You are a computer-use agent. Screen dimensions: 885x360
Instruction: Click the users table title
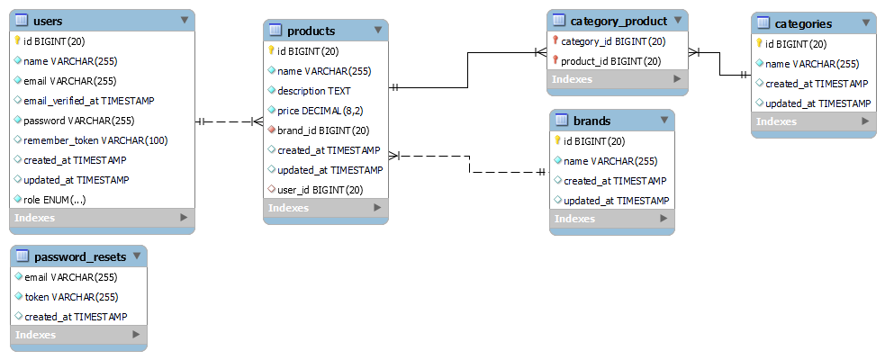tap(48, 22)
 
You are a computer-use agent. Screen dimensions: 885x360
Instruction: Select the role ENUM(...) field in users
tap(55, 200)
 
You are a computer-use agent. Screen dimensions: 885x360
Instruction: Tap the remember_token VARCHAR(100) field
tap(96, 140)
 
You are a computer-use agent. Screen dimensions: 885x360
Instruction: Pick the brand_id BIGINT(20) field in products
tap(323, 130)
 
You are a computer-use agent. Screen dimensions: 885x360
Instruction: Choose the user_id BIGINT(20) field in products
tap(320, 190)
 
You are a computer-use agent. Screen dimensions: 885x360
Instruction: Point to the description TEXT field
tap(314, 91)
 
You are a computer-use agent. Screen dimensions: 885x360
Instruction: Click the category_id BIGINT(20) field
tap(613, 41)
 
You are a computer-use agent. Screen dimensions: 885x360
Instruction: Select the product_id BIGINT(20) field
tap(610, 61)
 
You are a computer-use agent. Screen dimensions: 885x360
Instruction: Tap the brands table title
tap(592, 121)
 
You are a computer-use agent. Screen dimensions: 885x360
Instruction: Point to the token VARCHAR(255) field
tap(72, 297)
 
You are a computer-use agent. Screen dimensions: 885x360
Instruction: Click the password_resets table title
tap(80, 257)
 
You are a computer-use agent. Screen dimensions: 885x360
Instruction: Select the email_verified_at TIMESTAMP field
tap(89, 101)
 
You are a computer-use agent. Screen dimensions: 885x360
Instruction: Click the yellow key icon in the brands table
tap(557, 141)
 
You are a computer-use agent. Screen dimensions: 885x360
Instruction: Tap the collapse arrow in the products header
tap(377, 30)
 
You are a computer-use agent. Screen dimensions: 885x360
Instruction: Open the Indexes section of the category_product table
tap(618, 79)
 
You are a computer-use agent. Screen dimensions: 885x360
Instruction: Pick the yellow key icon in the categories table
tap(759, 43)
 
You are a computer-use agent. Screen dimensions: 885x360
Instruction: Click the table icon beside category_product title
tap(559, 21)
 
